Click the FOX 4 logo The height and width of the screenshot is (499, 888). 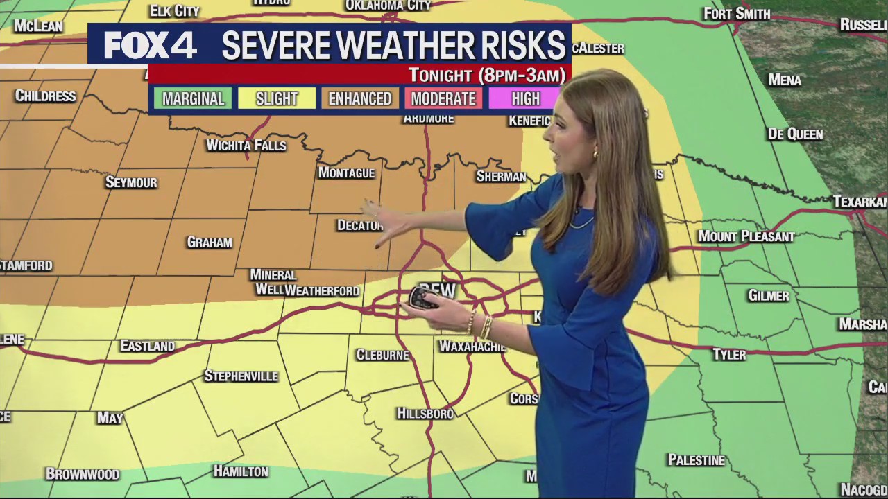click(150, 46)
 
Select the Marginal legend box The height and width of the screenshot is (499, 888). click(193, 98)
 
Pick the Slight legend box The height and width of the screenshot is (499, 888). click(276, 98)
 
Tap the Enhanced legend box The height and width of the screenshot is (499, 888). click(359, 98)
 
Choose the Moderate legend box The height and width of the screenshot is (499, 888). click(443, 98)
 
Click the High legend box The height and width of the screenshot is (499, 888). click(525, 98)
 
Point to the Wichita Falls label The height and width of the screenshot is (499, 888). click(246, 146)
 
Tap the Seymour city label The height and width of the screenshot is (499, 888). click(131, 182)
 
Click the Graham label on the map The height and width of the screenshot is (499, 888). click(210, 243)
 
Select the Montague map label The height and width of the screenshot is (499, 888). click(346, 173)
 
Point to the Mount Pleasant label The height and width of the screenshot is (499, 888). click(746, 236)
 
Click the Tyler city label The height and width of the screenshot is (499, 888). click(729, 355)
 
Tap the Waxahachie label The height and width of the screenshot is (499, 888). click(472, 346)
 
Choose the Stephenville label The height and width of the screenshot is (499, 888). click(241, 376)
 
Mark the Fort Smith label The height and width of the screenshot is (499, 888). click(737, 13)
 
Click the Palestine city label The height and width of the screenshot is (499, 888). click(696, 460)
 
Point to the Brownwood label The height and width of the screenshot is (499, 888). click(83, 474)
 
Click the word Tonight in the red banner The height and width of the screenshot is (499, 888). click(441, 75)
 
